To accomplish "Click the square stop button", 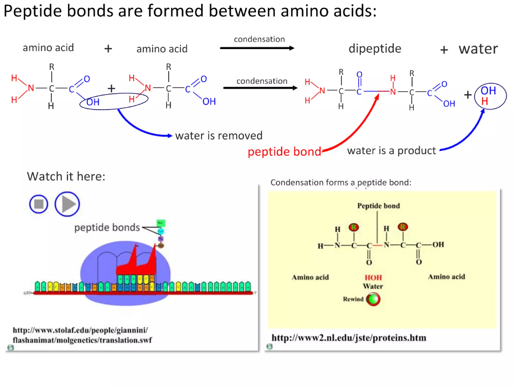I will click(39, 204).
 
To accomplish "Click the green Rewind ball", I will click(373, 299).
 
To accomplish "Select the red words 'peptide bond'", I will click(284, 151).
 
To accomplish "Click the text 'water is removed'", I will click(219, 136).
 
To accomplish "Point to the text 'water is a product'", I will click(391, 150).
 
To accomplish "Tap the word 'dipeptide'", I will click(375, 48).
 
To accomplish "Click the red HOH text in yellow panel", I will click(373, 277).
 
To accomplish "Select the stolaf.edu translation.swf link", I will click(82, 335).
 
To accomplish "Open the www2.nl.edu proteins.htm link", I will click(349, 338).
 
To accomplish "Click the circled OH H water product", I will click(490, 96).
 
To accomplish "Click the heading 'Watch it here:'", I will click(66, 176).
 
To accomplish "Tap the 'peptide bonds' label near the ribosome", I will click(107, 227).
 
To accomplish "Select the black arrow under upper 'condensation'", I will click(257, 48).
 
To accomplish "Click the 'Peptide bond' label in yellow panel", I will click(378, 206).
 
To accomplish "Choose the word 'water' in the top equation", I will click(478, 49).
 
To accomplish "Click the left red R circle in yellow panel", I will click(354, 227).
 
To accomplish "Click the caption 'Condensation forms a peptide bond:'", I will click(341, 182).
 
